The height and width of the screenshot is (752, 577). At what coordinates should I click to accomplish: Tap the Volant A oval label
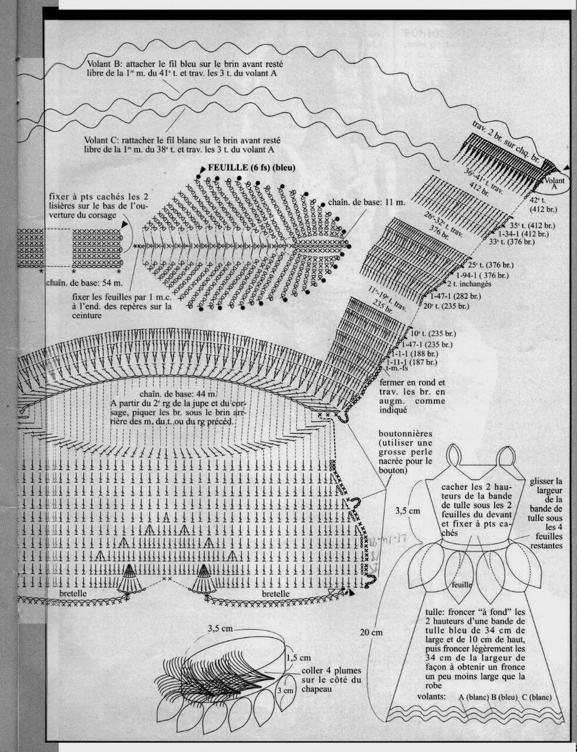tap(555, 183)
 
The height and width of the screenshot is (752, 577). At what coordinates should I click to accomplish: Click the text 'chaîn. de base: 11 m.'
tap(367, 202)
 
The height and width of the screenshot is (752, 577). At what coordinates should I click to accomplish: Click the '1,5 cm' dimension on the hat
tap(299, 658)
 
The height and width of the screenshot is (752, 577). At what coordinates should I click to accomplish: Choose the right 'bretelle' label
tap(276, 594)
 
